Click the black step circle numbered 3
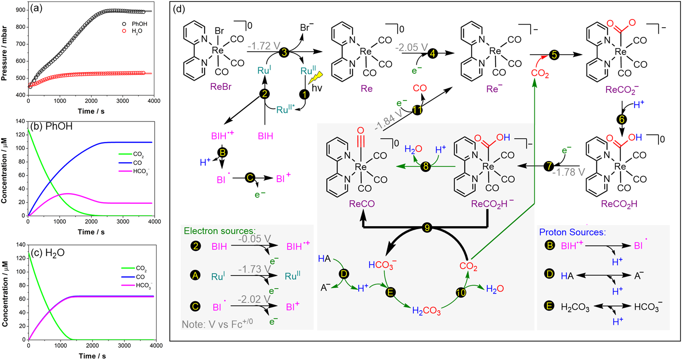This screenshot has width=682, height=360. (284, 52)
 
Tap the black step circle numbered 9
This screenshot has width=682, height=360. (427, 227)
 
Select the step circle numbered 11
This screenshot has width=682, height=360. (417, 110)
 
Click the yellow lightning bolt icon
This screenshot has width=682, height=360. (315, 78)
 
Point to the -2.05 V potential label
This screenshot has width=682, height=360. (411, 47)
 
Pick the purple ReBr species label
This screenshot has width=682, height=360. (221, 87)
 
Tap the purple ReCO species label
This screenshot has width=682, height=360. (362, 204)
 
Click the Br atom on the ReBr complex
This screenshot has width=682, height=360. (219, 31)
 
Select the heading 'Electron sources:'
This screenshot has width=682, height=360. (220, 231)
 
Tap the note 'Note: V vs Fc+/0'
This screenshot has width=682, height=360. (217, 324)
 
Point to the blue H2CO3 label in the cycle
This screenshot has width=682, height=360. (426, 311)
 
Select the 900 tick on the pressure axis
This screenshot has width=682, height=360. (20, 10)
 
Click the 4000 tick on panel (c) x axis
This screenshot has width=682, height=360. (156, 345)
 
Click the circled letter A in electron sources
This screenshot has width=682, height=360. (195, 275)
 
